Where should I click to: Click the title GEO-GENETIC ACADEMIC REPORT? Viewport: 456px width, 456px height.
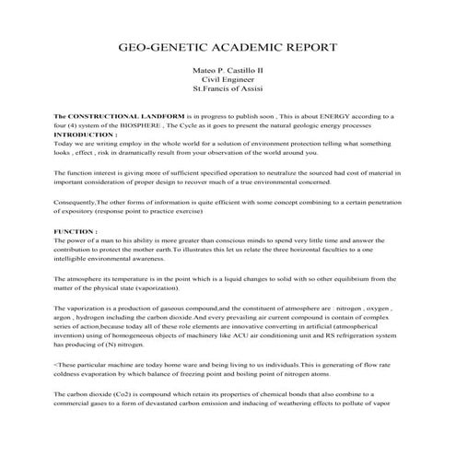(228, 46)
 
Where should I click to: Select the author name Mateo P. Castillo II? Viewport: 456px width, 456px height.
(228, 71)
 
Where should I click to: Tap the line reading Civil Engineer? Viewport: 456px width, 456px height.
(228, 81)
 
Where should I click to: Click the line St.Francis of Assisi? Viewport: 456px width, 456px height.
(228, 91)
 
